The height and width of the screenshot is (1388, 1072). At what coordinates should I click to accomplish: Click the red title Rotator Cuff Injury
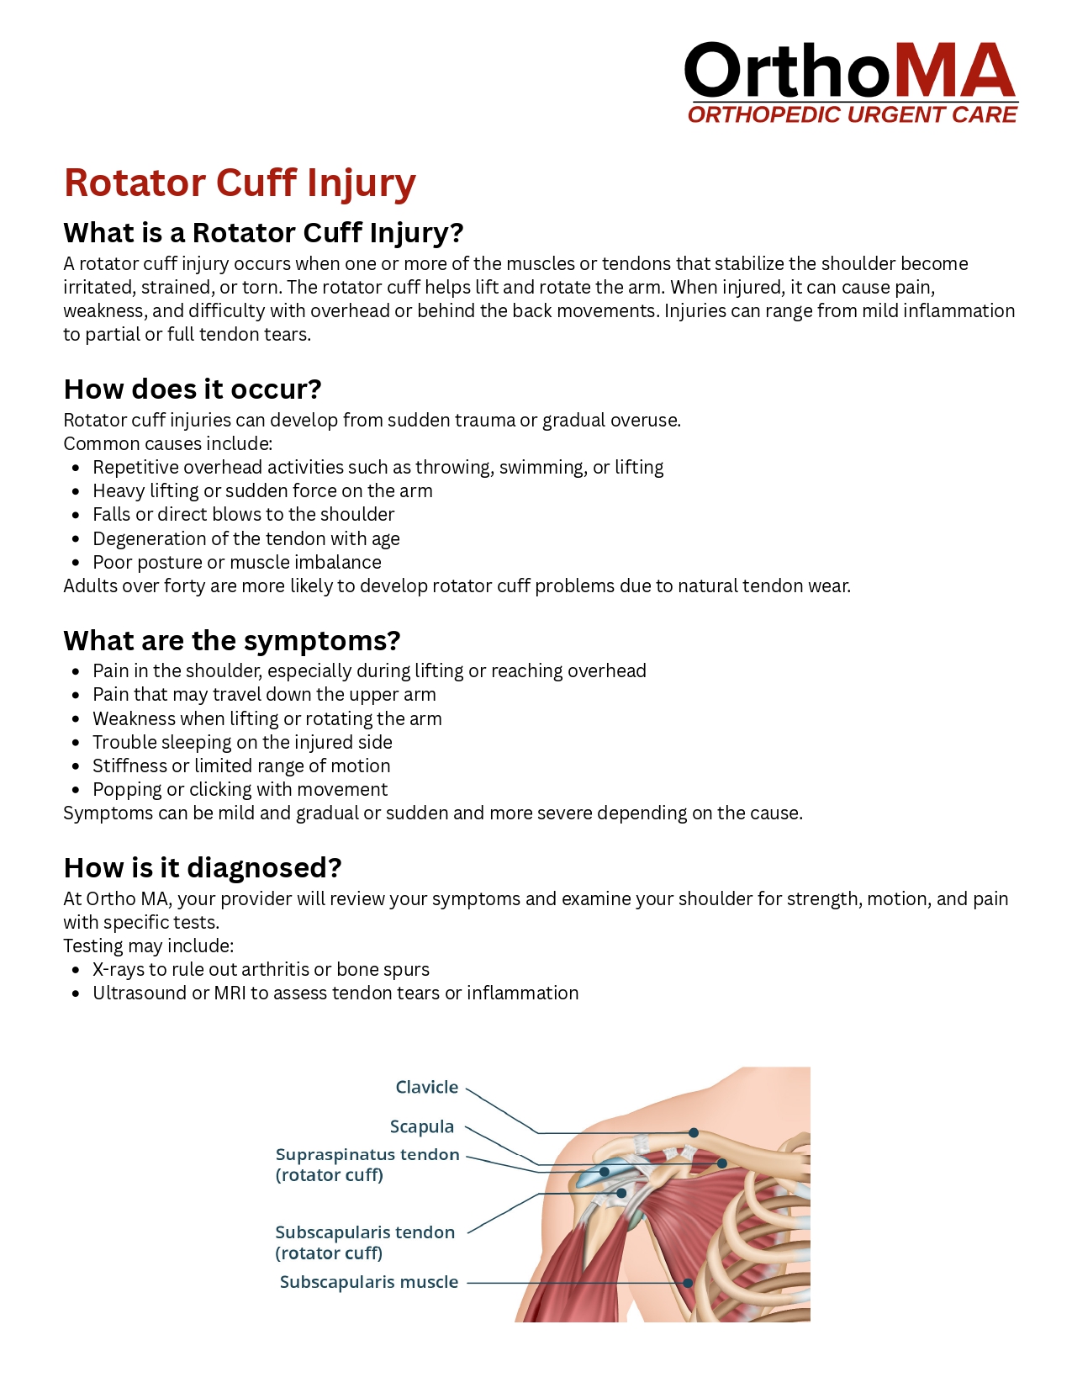coord(240,183)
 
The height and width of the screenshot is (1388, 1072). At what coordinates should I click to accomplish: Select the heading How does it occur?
coord(193,389)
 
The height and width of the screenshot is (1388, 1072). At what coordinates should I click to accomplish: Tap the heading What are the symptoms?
coord(232,640)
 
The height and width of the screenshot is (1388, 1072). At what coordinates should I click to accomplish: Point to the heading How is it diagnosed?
coord(203,867)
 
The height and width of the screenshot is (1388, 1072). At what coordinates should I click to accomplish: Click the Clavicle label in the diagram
coord(427,1087)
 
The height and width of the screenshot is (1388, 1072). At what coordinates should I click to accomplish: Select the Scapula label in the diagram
coord(422,1126)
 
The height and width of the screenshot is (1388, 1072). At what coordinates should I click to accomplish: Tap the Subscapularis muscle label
coord(369,1282)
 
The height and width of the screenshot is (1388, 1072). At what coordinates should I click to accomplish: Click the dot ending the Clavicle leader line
coord(694,1132)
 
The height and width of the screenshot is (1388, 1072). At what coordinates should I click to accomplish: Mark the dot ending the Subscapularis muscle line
coord(688,1283)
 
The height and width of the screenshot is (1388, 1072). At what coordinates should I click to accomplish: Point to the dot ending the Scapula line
coord(721,1163)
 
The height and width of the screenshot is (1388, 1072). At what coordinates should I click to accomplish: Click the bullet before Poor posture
coord(77,562)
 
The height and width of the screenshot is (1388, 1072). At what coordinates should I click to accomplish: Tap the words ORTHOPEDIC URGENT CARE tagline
coord(853,114)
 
